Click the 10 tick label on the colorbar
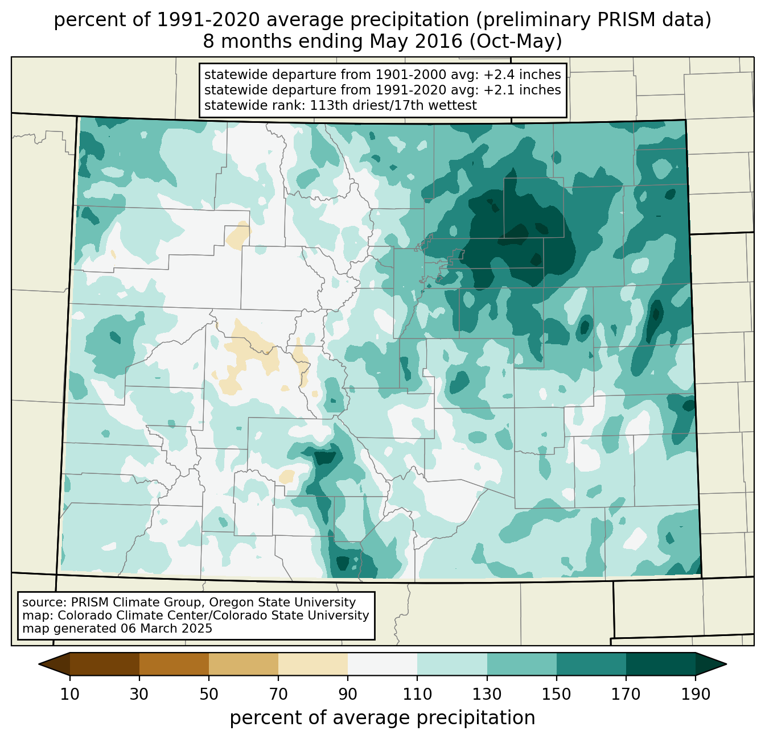tap(70, 694)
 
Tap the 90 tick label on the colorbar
tap(348, 694)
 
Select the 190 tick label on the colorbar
tap(695, 694)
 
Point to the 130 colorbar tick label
tap(487, 694)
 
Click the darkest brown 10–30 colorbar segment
tap(105, 664)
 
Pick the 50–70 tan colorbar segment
tap(244, 664)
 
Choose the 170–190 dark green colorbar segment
tap(660, 664)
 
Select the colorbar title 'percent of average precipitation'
tap(382, 718)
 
